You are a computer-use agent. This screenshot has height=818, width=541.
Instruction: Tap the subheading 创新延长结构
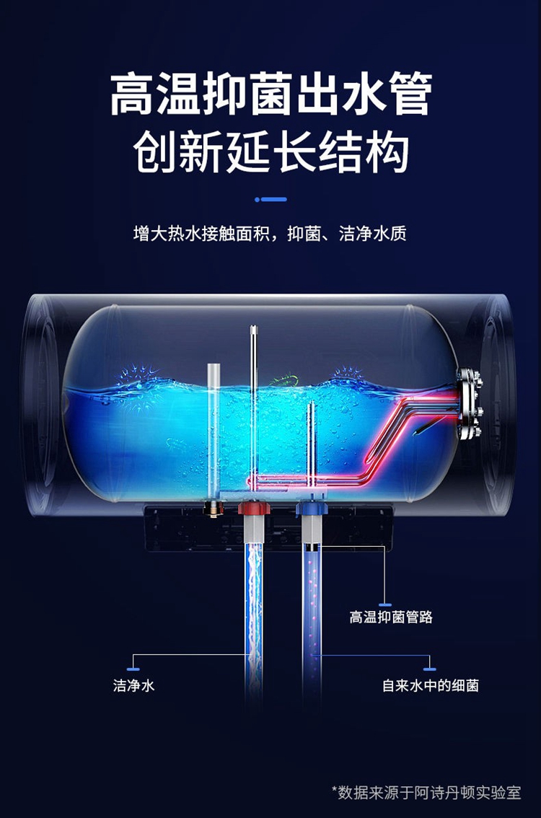tap(270, 152)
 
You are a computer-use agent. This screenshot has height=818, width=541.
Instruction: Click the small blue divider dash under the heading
tap(270, 199)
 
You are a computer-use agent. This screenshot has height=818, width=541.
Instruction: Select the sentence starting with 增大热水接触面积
tap(270, 233)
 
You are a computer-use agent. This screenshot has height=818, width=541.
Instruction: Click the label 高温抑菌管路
tap(391, 617)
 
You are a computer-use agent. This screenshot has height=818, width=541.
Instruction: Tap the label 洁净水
tap(133, 685)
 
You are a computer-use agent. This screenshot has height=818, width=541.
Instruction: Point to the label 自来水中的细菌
tap(430, 685)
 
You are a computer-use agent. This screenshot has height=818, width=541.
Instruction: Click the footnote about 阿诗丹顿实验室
tap(426, 793)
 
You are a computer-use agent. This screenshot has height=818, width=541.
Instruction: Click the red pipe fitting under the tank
tap(254, 508)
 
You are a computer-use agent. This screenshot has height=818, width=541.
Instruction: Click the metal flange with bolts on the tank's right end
tap(469, 404)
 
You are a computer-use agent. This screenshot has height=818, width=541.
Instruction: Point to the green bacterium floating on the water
tap(284, 379)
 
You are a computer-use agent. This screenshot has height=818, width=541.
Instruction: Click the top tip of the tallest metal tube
tap(253, 327)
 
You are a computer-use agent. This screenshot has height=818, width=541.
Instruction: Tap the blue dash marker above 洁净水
tap(133, 669)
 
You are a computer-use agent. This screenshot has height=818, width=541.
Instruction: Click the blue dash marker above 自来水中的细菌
tap(429, 669)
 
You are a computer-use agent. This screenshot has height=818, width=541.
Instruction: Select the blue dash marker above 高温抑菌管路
tap(385, 604)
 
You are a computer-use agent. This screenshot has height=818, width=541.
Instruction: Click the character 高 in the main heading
tap(131, 94)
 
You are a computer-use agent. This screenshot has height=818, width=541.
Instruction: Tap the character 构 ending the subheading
tap(387, 153)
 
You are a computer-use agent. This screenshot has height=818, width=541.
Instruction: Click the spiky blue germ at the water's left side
tap(136, 383)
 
